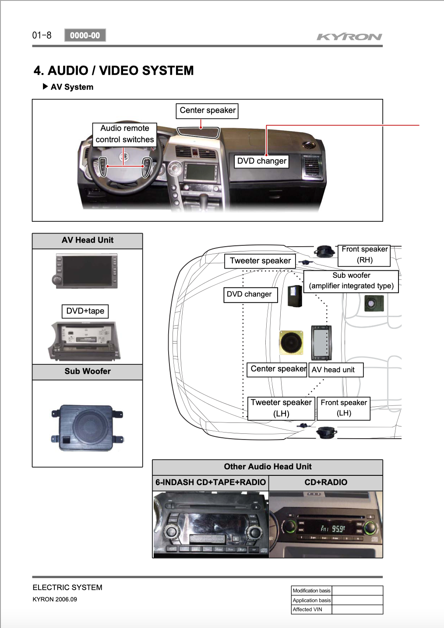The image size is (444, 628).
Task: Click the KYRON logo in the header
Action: (x=349, y=37)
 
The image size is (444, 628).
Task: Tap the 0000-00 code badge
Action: (x=85, y=35)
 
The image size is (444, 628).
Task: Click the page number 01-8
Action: (x=42, y=35)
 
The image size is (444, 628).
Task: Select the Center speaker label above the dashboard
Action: (x=207, y=111)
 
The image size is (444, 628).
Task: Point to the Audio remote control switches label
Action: (x=125, y=134)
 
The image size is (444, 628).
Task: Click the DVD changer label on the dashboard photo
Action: (x=261, y=161)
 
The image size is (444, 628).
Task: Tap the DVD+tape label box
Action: (x=85, y=311)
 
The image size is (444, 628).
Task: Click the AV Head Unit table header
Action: (x=87, y=241)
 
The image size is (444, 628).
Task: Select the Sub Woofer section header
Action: (x=87, y=372)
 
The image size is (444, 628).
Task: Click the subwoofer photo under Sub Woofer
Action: (x=87, y=428)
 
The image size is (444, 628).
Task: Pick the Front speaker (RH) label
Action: (x=364, y=255)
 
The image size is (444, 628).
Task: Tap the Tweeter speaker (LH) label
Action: (x=281, y=408)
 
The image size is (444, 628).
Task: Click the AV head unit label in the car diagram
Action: (x=336, y=370)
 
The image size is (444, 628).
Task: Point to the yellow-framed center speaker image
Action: (x=291, y=342)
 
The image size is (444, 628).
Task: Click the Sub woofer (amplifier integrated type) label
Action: (x=351, y=281)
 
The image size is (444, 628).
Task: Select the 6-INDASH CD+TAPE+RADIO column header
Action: (x=211, y=482)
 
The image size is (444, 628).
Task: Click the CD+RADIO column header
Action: (x=326, y=482)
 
